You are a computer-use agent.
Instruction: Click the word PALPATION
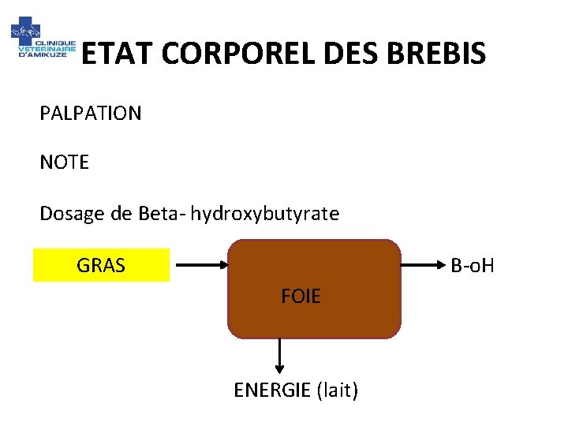pyautogui.click(x=91, y=114)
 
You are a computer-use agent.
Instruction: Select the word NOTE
pyautogui.click(x=65, y=163)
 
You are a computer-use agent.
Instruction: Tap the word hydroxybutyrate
pyautogui.click(x=265, y=214)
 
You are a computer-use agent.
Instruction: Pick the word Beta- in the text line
pyautogui.click(x=161, y=214)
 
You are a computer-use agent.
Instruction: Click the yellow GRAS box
pyautogui.click(x=101, y=266)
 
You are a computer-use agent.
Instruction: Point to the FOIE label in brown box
pyautogui.click(x=301, y=297)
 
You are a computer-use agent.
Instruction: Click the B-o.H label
pyautogui.click(x=472, y=266)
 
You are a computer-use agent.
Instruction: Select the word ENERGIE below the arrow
pyautogui.click(x=271, y=390)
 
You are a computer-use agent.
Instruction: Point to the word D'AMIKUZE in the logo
pyautogui.click(x=47, y=55)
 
